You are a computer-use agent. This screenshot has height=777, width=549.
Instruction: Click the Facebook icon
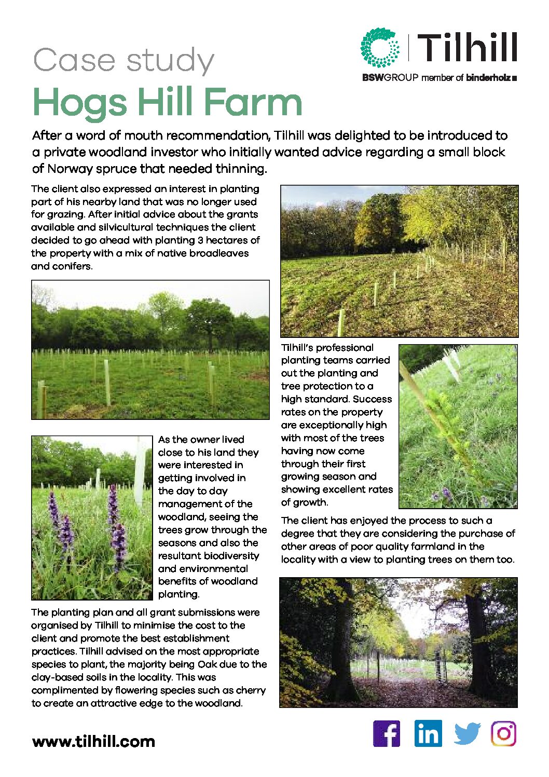(387, 734)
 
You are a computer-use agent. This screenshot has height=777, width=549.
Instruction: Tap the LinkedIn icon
(428, 734)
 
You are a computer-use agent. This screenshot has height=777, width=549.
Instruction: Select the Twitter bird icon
(467, 734)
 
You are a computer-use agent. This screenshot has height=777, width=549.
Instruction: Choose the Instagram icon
(504, 734)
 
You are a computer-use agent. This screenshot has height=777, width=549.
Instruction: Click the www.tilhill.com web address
(93, 741)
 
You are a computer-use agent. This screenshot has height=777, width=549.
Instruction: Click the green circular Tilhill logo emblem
(380, 48)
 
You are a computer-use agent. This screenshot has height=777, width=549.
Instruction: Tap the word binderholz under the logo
(488, 78)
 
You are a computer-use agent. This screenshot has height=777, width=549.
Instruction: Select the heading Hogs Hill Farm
(167, 102)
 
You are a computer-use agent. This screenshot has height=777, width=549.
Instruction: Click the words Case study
(123, 61)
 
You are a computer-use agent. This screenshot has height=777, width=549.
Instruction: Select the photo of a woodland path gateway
(398, 643)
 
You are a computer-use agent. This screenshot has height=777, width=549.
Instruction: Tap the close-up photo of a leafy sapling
(458, 426)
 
